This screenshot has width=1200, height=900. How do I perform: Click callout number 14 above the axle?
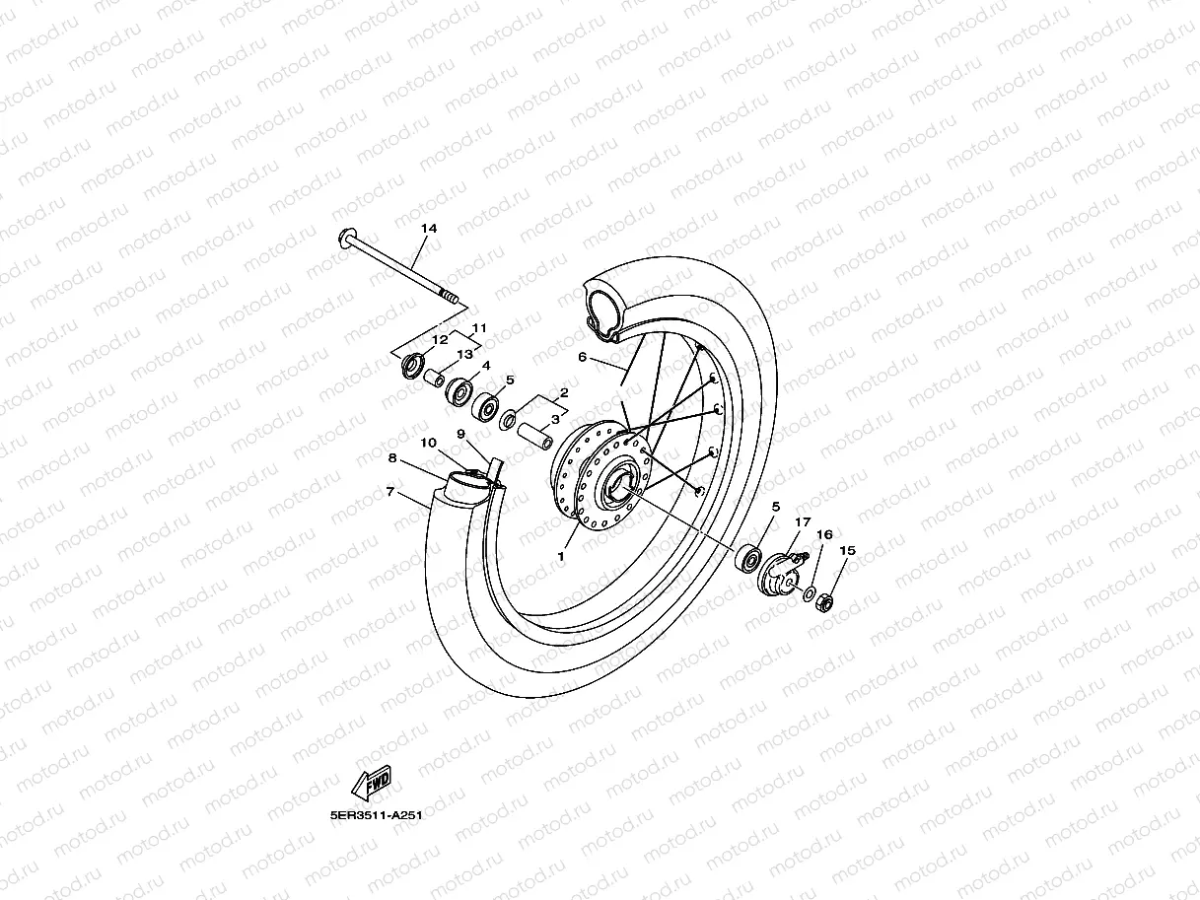(x=428, y=229)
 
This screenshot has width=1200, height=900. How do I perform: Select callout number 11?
(x=480, y=328)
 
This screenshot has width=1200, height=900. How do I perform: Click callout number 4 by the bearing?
(x=486, y=366)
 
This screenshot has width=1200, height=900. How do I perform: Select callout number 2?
(x=563, y=392)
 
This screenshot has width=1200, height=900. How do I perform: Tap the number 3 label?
(x=554, y=419)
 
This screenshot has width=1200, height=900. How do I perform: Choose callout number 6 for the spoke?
(x=582, y=358)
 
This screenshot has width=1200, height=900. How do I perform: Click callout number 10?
(x=428, y=443)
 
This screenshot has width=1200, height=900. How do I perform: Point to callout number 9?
(x=460, y=434)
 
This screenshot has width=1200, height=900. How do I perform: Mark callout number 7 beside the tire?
(x=390, y=490)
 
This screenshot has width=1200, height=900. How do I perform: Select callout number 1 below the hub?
(x=560, y=557)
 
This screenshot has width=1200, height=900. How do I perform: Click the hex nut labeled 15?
(x=827, y=598)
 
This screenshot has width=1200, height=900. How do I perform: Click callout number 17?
(x=803, y=522)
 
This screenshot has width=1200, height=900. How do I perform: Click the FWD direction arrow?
(x=371, y=785)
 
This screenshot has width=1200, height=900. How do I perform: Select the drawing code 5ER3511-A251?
(x=376, y=816)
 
